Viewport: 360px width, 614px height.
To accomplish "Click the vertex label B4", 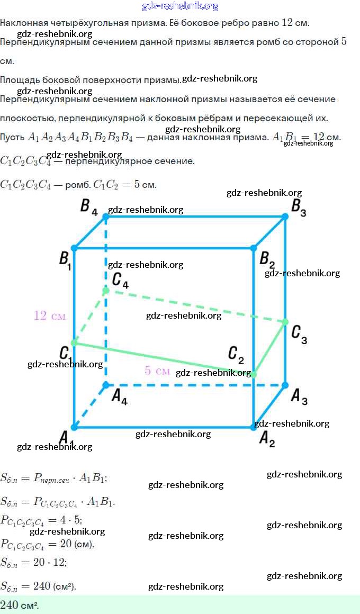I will point(88,206).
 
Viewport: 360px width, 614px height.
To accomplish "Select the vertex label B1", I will point(65,260).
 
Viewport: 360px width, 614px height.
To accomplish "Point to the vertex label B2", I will point(267,260).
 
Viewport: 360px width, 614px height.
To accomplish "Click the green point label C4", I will point(120,281).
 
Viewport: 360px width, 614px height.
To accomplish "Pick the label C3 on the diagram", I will point(299,335).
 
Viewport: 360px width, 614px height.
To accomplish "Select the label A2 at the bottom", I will point(267,439).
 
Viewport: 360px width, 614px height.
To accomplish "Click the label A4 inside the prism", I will point(119,397).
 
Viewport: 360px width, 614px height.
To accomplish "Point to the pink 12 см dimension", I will point(50,316).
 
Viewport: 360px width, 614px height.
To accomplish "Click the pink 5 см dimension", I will point(157,371).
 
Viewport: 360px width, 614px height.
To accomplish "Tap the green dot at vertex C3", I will point(285,322).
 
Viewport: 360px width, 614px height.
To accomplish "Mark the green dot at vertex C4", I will point(106,291).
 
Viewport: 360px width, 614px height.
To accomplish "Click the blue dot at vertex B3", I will point(285,216).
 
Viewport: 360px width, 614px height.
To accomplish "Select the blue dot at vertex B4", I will point(106,216).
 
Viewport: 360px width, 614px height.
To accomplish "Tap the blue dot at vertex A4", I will point(106,385).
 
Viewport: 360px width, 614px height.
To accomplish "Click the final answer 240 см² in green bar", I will point(20,605).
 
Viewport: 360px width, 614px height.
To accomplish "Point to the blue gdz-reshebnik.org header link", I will point(180,6).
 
